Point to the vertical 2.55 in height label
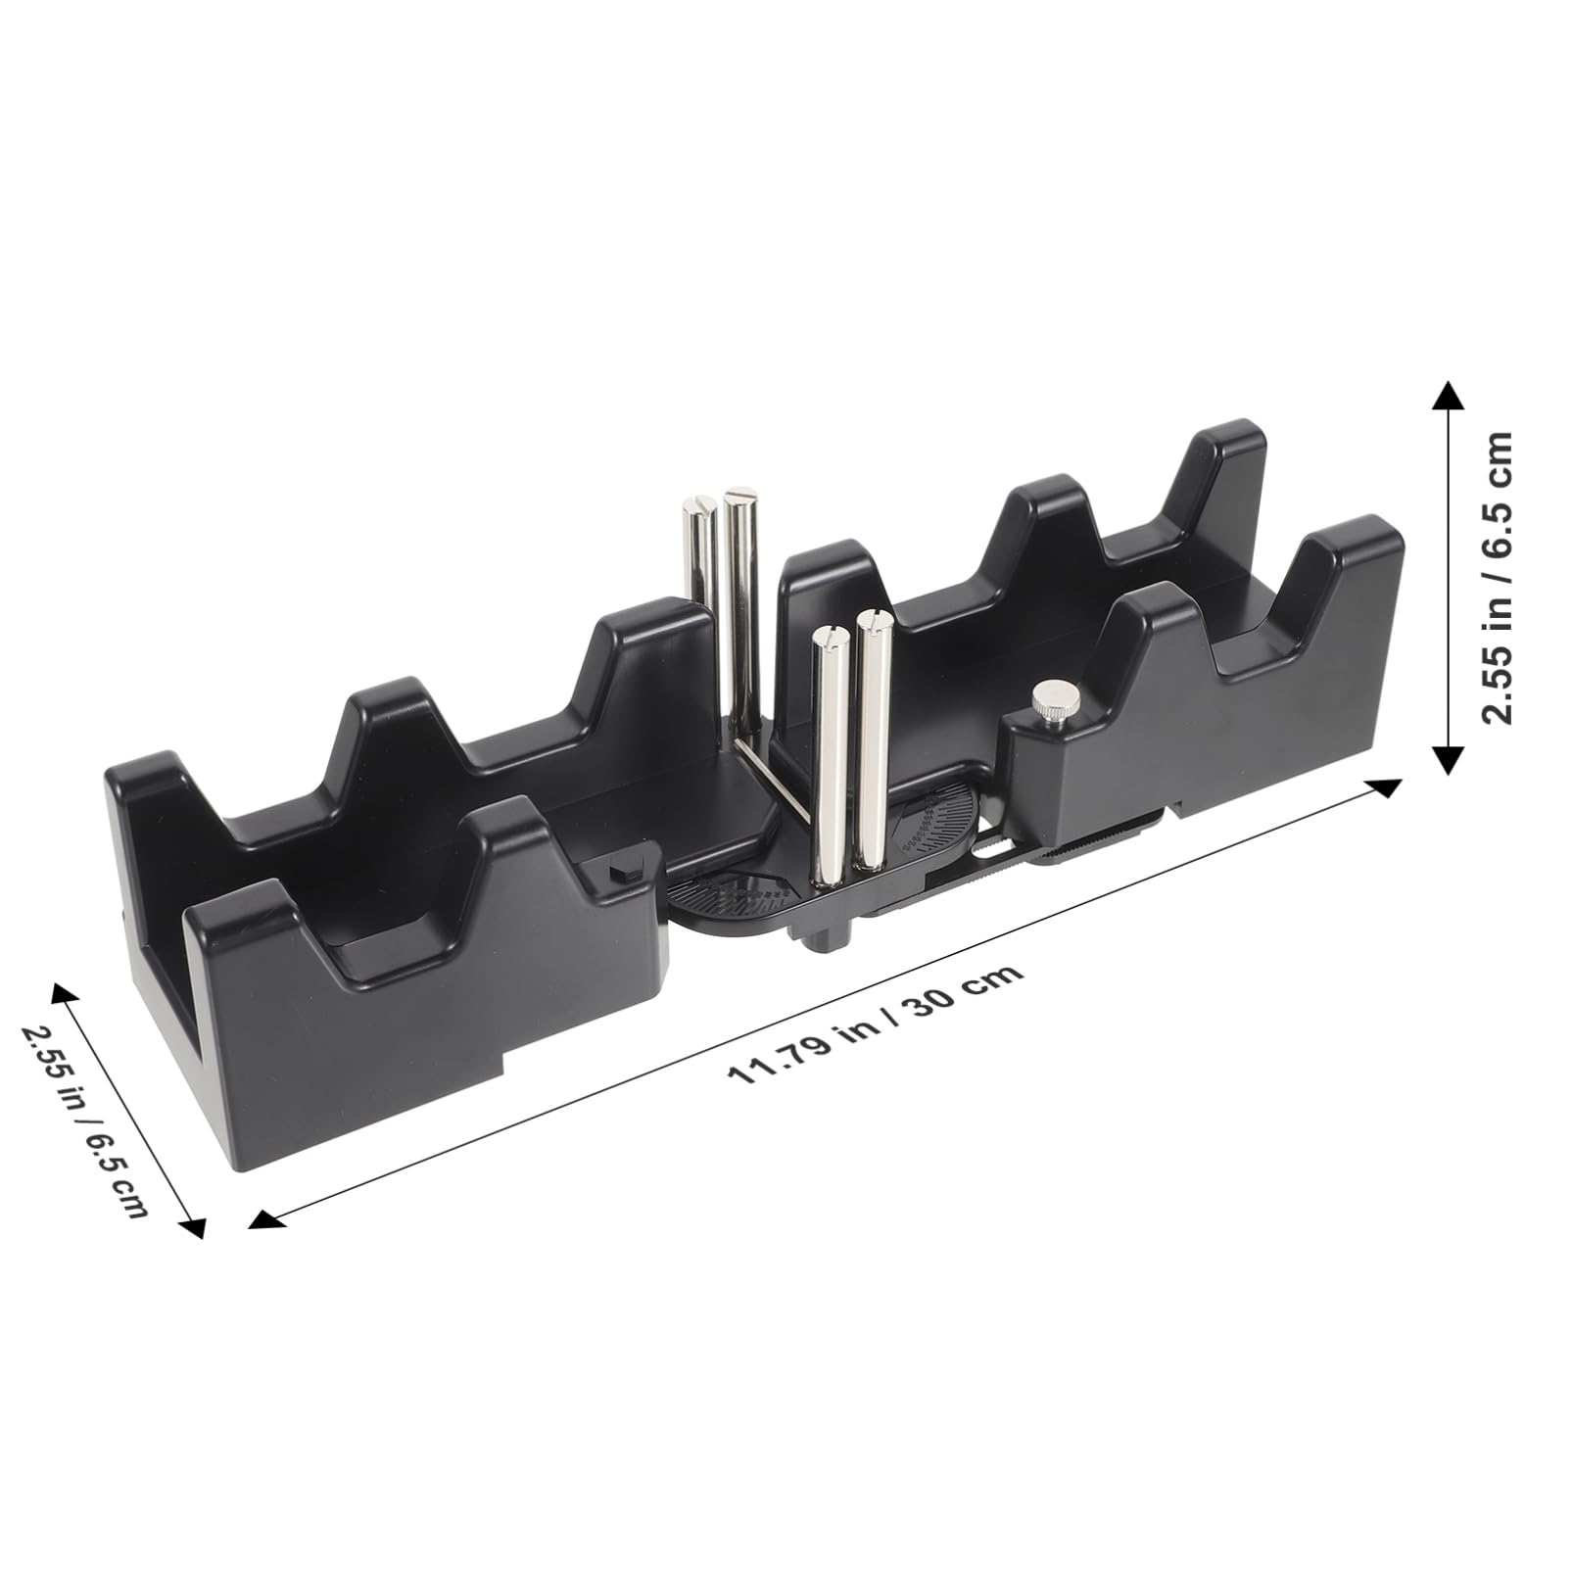point(1496,579)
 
